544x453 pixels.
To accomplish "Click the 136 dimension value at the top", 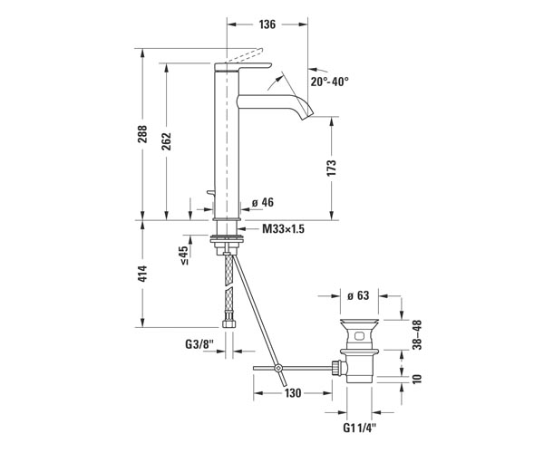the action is click(267, 24).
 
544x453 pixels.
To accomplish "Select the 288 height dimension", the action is click(142, 134).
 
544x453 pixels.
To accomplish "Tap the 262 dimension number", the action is click(167, 141).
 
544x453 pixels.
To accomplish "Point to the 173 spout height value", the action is click(331, 169).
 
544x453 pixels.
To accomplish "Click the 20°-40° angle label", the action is click(330, 82).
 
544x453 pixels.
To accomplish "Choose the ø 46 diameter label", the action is click(263, 202).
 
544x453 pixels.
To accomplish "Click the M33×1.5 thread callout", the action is click(283, 228).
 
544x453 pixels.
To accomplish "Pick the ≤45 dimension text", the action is click(184, 255).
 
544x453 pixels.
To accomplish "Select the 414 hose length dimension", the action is click(142, 274).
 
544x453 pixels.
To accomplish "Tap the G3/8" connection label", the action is click(199, 344).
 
